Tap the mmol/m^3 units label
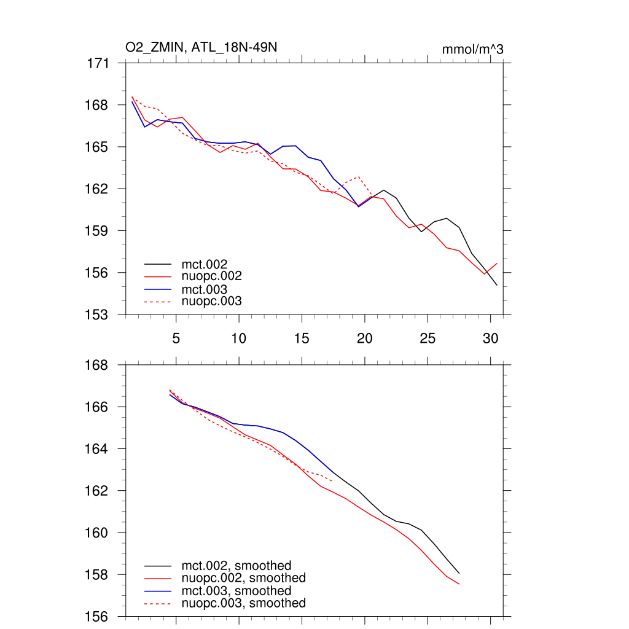click(472, 49)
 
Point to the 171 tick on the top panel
click(99, 63)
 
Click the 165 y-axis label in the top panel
click(99, 147)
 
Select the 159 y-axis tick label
click(99, 230)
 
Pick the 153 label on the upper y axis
click(99, 314)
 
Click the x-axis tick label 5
click(176, 338)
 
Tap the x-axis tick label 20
click(365, 338)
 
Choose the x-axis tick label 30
click(490, 338)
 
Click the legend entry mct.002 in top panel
click(208, 264)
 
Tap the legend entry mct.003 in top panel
click(208, 289)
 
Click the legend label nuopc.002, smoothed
click(243, 578)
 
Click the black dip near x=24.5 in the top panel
click(421, 232)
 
